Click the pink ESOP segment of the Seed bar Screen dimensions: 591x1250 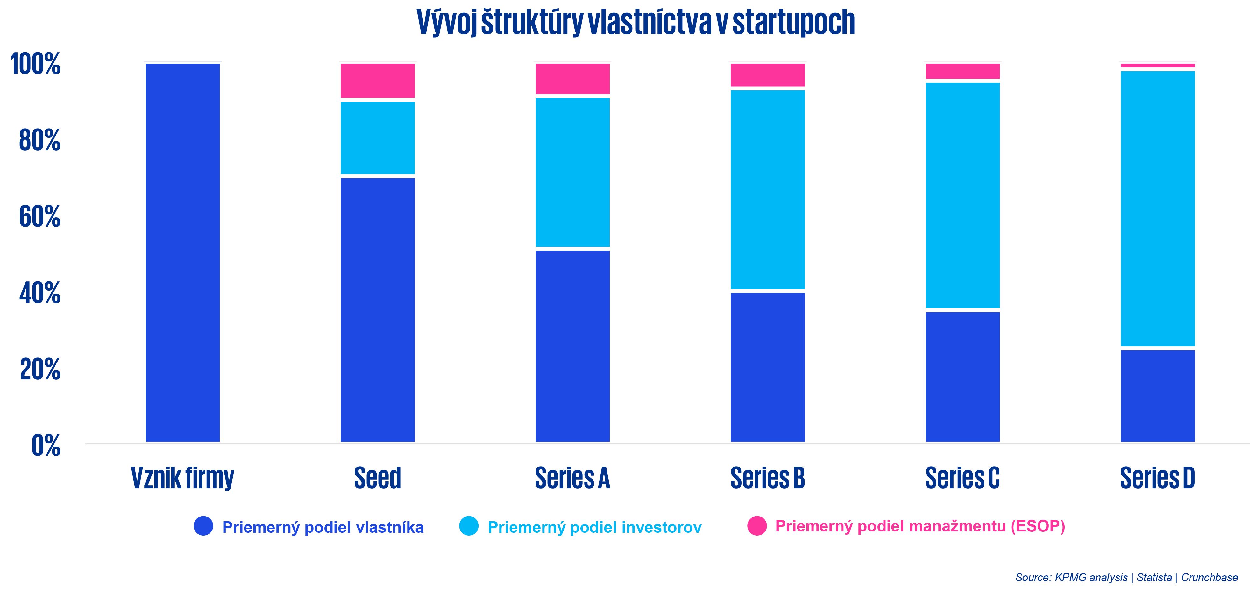click(x=378, y=81)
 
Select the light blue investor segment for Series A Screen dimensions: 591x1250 click(x=572, y=172)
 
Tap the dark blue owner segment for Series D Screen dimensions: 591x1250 click(x=1157, y=396)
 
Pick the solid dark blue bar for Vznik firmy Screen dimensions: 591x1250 click(x=182, y=252)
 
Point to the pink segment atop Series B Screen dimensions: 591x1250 click(x=768, y=75)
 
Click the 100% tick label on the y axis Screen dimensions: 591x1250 click(x=35, y=64)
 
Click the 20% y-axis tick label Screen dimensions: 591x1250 click(x=40, y=369)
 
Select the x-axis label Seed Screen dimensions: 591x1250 click(x=378, y=478)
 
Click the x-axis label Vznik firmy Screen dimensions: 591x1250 click(x=182, y=478)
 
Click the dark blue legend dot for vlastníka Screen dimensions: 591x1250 click(x=203, y=526)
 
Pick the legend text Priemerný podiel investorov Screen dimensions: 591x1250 click(x=594, y=527)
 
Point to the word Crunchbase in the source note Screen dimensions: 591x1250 click(x=1209, y=577)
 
